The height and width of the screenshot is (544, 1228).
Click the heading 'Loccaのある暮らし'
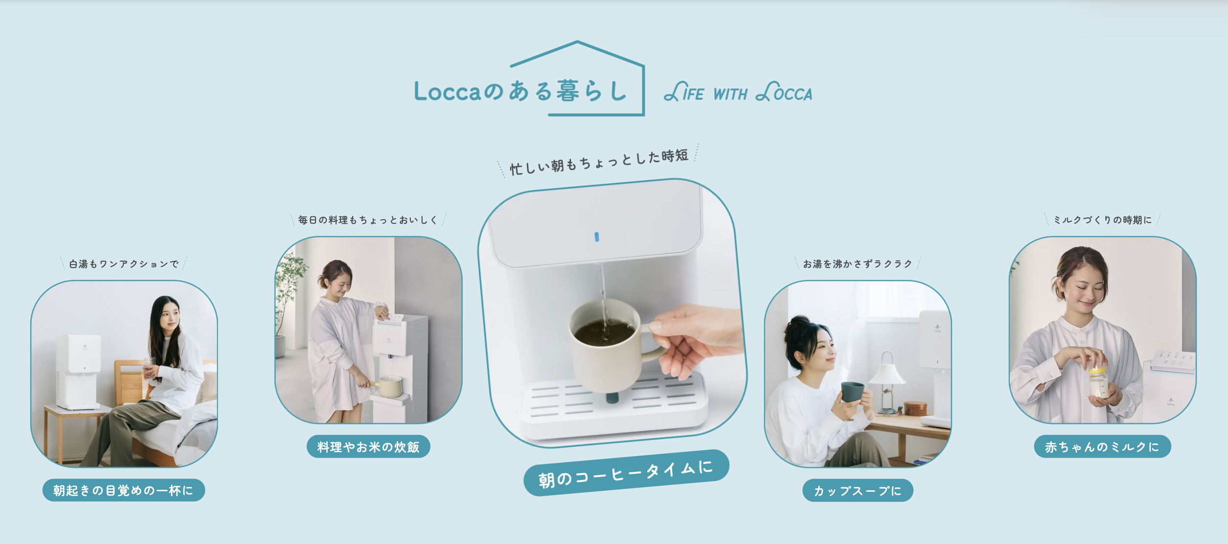(x=520, y=91)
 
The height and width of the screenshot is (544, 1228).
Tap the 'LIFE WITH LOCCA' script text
(x=738, y=92)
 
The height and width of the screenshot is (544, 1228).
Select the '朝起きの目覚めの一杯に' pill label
(x=124, y=490)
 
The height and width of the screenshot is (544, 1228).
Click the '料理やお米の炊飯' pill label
(x=368, y=446)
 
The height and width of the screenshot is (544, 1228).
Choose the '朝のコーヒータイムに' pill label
(x=626, y=473)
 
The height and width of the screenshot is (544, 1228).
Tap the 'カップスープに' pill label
(x=858, y=490)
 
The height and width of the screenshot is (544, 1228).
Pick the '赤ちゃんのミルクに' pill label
(x=1102, y=446)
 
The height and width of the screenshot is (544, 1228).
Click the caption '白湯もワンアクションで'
(x=124, y=264)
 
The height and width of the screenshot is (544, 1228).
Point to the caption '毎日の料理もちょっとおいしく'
(x=368, y=220)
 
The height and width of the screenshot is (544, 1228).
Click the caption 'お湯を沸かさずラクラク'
(x=858, y=264)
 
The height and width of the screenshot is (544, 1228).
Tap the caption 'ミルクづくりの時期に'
(x=1102, y=220)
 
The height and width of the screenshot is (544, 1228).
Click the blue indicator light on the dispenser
(x=596, y=237)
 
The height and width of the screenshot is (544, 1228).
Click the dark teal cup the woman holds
(x=852, y=392)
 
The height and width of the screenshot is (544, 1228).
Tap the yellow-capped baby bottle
(x=1099, y=383)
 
